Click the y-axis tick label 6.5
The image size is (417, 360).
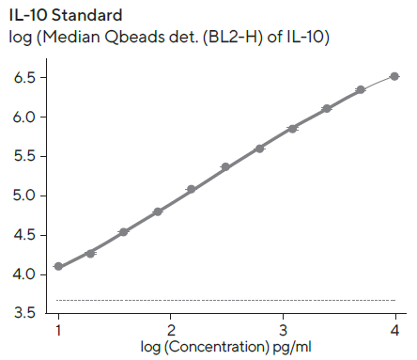23,78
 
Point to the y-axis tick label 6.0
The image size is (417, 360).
23,117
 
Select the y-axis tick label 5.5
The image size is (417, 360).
23,157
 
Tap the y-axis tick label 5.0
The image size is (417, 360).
23,196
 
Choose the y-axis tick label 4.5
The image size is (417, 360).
23,235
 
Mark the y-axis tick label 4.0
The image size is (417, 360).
23,274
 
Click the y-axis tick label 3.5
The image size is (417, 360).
23,313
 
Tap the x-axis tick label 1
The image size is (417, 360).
58,331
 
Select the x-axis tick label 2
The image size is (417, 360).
171,331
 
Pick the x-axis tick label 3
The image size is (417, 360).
283,331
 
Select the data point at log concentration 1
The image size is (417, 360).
58,266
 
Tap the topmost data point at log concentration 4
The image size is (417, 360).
394,76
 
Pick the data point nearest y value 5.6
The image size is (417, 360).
259,149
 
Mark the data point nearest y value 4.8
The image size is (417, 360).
158,211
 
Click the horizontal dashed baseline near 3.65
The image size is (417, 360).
225,301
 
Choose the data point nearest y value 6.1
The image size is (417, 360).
327,109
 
